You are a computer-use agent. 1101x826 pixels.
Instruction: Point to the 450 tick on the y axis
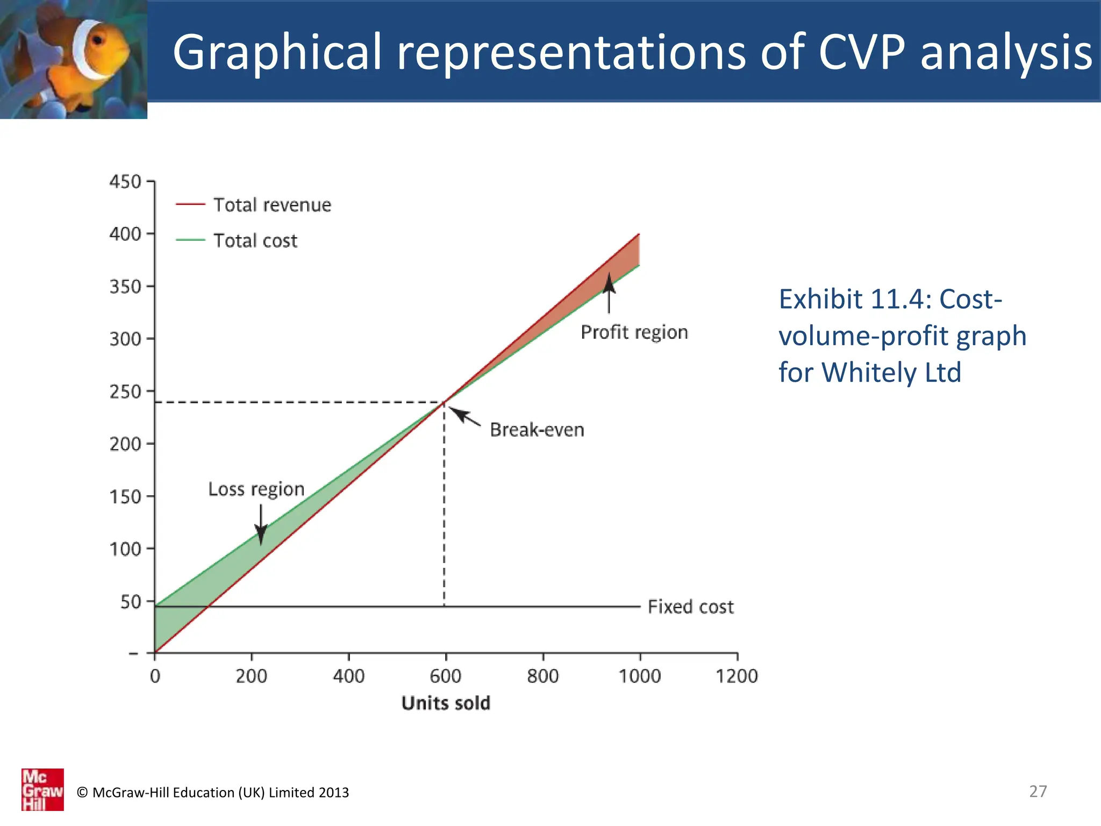click(125, 182)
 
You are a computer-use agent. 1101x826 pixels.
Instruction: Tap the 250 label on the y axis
click(125, 392)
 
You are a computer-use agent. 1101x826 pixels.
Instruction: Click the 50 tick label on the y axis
click(131, 602)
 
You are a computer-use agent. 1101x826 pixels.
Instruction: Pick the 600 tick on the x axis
click(445, 675)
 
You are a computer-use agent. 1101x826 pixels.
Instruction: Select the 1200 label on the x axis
click(737, 675)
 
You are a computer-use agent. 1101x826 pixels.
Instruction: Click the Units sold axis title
click(446, 703)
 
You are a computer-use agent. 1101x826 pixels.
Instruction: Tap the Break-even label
click(537, 430)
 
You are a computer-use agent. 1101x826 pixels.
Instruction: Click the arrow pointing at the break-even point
click(464, 417)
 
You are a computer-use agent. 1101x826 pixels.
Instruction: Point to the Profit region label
click(634, 332)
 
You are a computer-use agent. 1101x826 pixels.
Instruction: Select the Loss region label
click(256, 489)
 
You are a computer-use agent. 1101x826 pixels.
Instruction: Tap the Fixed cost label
click(690, 607)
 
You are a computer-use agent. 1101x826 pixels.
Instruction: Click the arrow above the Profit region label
click(609, 293)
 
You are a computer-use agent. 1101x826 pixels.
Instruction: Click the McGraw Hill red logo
click(42, 789)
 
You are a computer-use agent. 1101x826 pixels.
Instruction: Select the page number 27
click(1038, 791)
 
